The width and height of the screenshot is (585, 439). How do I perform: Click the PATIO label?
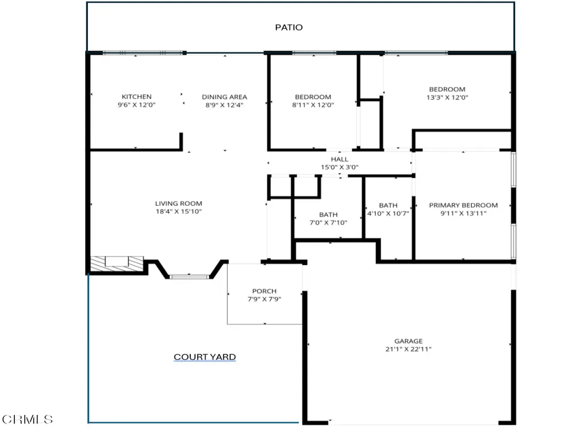[289, 27]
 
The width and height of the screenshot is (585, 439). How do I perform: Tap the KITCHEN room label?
[137, 97]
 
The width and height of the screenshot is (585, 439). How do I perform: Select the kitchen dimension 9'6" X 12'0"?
[137, 105]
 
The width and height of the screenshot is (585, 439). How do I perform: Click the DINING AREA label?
[224, 97]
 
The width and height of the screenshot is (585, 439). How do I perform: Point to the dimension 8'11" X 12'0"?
[313, 105]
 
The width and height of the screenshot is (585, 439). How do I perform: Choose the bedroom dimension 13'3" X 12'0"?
[447, 97]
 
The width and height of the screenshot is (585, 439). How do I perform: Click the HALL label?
[339, 159]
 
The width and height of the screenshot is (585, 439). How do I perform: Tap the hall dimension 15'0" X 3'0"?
[339, 167]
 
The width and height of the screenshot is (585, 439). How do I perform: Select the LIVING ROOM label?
[179, 203]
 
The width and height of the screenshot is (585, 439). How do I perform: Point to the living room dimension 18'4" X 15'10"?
[179, 211]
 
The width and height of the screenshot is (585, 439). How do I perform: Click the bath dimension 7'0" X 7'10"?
[328, 222]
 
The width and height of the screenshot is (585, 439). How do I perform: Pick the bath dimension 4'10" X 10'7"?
[388, 214]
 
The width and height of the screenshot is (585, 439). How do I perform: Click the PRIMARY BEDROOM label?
[463, 205]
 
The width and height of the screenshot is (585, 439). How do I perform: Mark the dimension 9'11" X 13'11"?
[463, 214]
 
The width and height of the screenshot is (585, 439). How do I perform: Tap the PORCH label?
[265, 291]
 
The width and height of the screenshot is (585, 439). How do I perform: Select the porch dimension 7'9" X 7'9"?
[265, 299]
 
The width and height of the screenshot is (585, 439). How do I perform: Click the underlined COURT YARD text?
[205, 357]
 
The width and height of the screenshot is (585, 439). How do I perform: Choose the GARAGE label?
[408, 341]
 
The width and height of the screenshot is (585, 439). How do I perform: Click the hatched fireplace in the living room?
[117, 263]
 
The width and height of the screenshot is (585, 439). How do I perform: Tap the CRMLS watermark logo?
[27, 420]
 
